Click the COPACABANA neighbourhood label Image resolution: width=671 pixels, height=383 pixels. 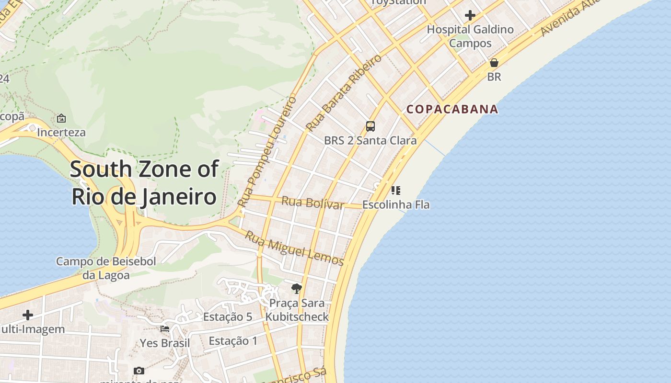(452, 109)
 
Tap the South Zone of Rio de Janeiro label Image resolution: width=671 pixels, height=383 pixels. (144, 183)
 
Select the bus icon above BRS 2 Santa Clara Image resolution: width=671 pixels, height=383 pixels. (370, 126)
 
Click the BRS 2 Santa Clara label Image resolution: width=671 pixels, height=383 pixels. (370, 141)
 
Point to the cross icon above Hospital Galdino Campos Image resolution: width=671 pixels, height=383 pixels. (470, 15)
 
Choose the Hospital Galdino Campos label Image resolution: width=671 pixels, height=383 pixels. (470, 36)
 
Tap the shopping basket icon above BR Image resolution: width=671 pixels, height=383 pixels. (494, 63)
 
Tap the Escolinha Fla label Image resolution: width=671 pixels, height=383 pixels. (396, 205)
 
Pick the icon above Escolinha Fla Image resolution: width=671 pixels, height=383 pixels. (395, 191)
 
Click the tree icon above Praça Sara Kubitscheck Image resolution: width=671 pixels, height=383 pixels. (297, 289)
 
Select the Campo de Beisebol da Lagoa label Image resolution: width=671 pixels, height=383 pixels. (106, 268)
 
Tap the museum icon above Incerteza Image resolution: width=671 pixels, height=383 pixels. (61, 118)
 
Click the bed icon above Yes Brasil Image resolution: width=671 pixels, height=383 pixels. (165, 329)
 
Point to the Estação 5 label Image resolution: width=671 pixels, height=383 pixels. (228, 317)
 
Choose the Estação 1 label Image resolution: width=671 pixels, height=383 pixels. (233, 341)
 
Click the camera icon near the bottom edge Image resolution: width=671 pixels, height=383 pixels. (139, 371)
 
